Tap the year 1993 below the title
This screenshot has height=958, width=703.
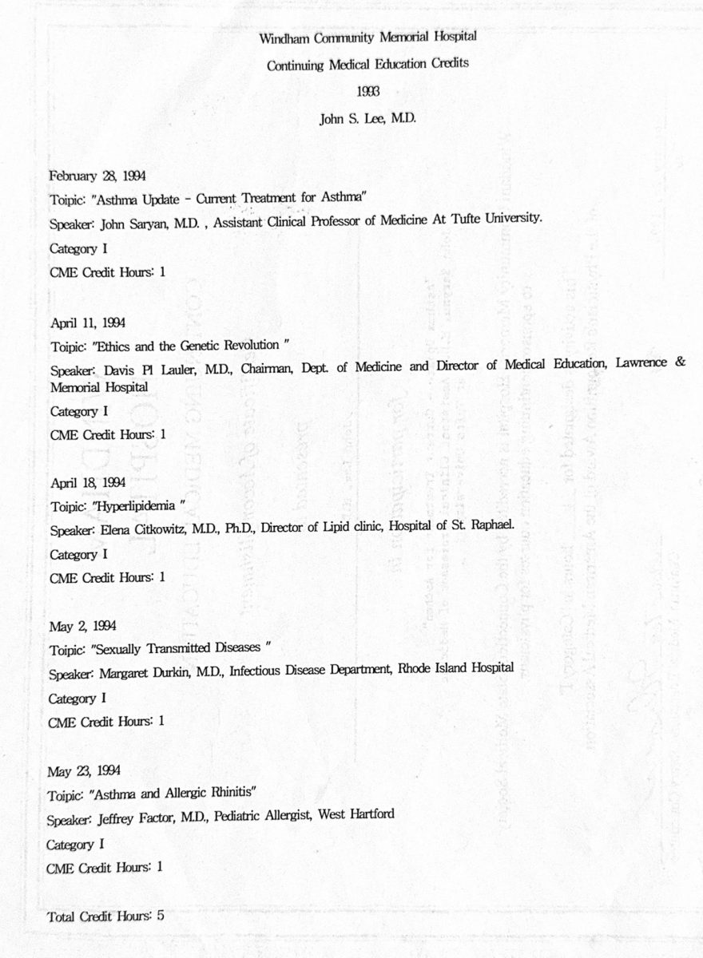click(369, 92)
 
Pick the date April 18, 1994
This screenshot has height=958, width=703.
click(88, 482)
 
